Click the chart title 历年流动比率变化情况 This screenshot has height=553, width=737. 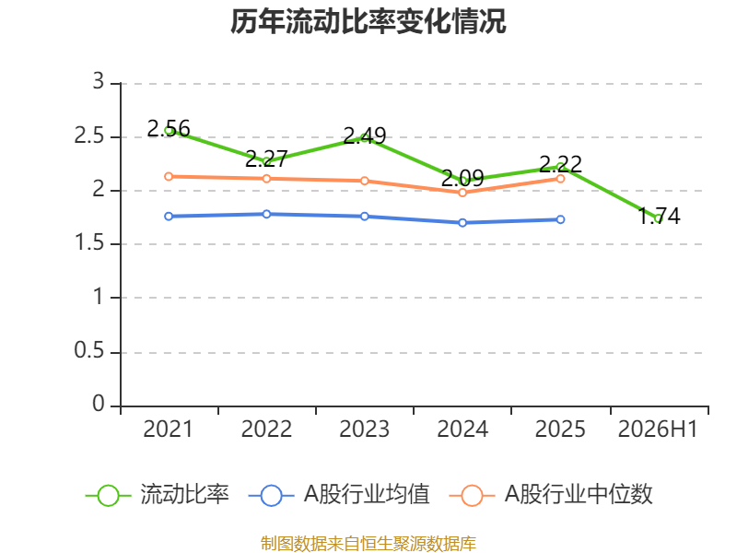pos(368,21)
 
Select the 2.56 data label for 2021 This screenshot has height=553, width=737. pos(169,128)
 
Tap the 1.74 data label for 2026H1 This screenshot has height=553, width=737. pos(659,216)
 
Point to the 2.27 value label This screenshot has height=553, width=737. pos(266,159)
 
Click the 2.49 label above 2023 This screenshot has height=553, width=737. pos(365,135)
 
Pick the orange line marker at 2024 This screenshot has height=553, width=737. pos(462,193)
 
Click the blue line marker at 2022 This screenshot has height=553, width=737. pos(266,214)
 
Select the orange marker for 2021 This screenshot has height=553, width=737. pos(169,176)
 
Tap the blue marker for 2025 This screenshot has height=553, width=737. pos(560,219)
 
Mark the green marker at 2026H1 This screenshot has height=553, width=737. pos(659,218)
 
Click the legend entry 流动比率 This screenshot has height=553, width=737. pos(157,495)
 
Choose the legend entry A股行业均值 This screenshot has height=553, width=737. pos(339,495)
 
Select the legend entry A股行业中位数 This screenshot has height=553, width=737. pos(551,495)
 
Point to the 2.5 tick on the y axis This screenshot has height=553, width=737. pos(89,135)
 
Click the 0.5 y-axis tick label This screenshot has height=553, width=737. pos(89,351)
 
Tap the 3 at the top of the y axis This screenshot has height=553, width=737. pos(99,81)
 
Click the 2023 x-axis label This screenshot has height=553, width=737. pos(365,429)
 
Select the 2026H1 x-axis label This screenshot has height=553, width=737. pos(658,429)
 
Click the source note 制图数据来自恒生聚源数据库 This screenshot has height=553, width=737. pos(368,544)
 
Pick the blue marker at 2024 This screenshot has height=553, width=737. pos(462,222)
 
